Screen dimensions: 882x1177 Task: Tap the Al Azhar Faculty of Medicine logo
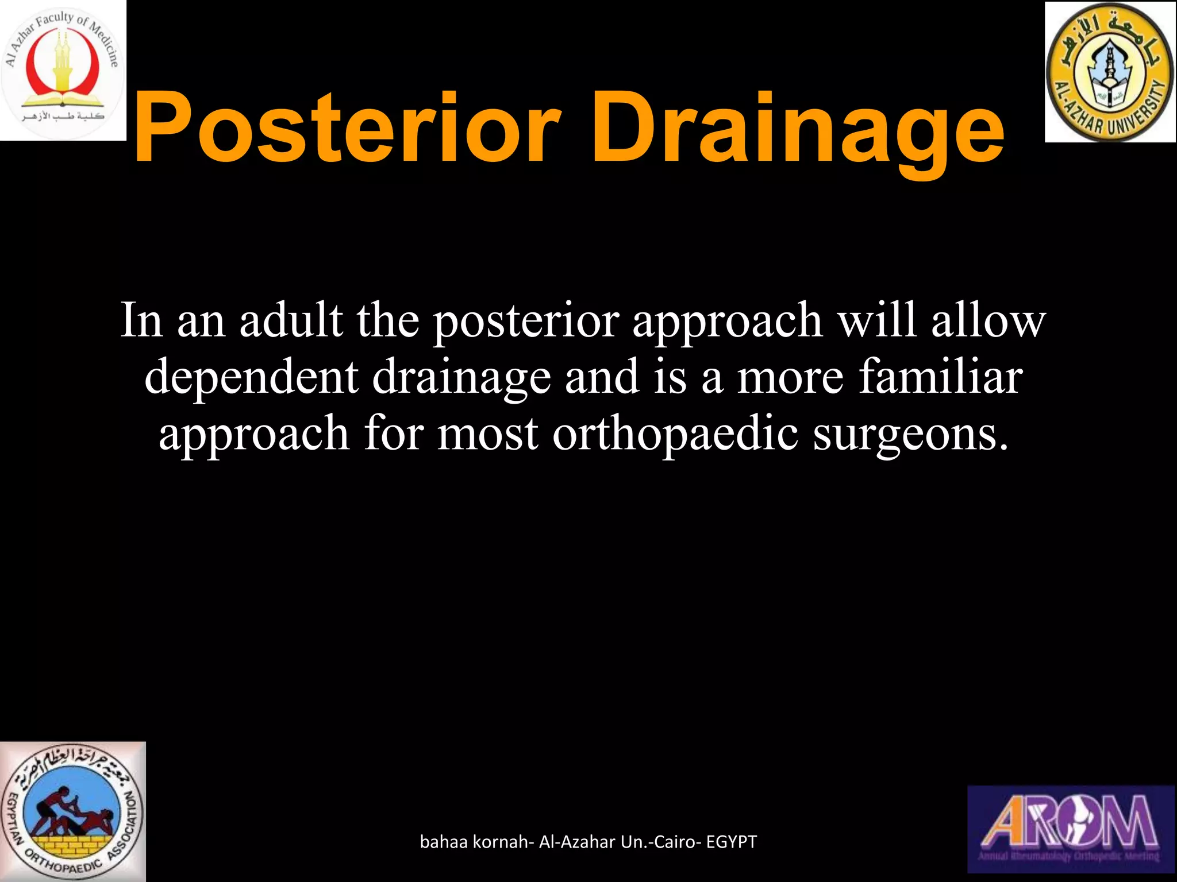(63, 70)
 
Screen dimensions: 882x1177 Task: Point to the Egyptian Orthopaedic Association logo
(72, 811)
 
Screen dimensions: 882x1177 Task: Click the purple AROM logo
(1072, 829)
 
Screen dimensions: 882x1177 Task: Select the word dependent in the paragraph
(251, 377)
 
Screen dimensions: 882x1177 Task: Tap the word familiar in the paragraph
(940, 377)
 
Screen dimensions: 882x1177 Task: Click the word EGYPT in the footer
(731, 842)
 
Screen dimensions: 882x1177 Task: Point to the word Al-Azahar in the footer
(577, 842)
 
